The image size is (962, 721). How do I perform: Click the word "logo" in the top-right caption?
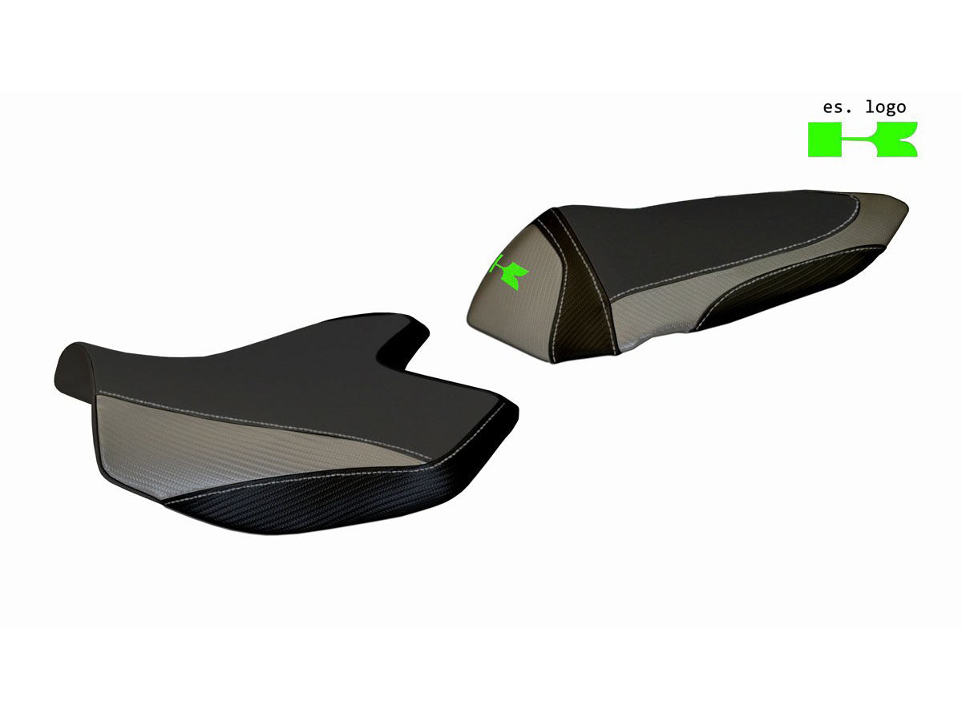click(x=886, y=108)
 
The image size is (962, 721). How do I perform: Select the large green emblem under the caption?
click(x=862, y=139)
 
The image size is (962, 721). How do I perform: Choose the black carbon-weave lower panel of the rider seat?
click(x=321, y=501)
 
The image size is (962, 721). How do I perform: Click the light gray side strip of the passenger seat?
click(x=705, y=284)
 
